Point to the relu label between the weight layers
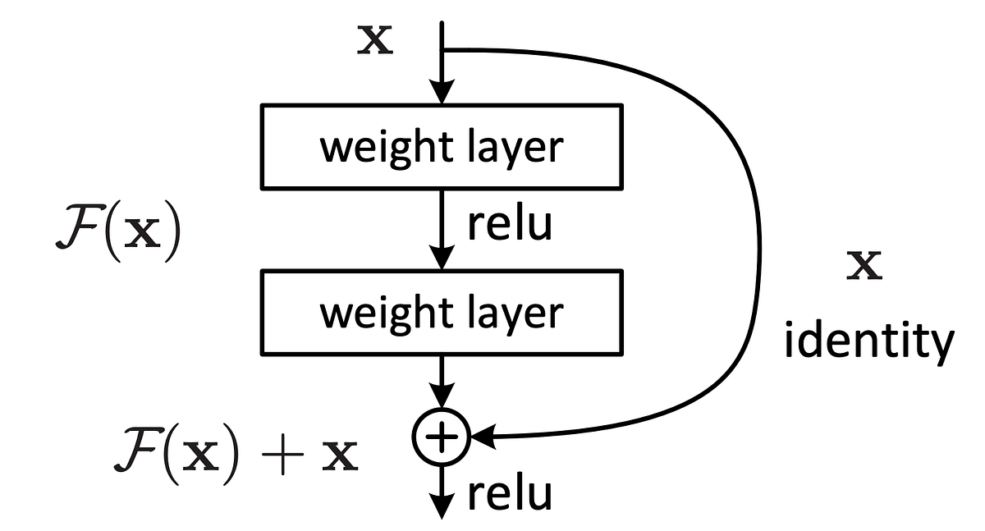[x=509, y=225]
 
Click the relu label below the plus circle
[x=509, y=493]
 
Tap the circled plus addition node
[x=442, y=437]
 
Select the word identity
[x=868, y=341]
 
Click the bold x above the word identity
[x=864, y=267]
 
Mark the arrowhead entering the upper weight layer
[x=442, y=92]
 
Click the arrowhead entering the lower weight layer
[x=442, y=259]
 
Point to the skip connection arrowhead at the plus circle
[x=482, y=437]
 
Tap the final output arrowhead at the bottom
[x=442, y=507]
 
